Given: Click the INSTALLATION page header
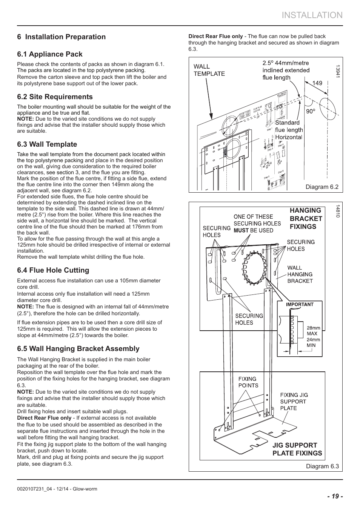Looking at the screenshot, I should coord(312,15).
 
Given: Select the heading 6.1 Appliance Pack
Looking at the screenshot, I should coord(49,54).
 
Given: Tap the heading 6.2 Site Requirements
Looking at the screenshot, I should coord(55,97).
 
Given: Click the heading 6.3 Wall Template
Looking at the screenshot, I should coord(47,144).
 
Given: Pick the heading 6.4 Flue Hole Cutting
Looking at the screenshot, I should coord(53,270).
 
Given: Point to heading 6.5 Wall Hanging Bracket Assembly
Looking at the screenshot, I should coord(78,349).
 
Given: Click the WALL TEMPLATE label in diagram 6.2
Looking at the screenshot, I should coord(209,70).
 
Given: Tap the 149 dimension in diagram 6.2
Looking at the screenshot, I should coord(317,83).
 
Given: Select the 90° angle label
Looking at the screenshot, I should coord(310,112).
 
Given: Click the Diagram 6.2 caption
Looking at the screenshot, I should coord(322,187).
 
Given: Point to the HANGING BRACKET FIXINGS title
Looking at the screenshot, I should coord(306,219).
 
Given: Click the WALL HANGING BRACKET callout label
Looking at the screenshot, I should coord(300,274).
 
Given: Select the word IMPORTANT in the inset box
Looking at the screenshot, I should coord(300,304).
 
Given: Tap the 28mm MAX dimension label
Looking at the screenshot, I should coord(313,331).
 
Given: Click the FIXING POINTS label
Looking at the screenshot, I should coord(248,382).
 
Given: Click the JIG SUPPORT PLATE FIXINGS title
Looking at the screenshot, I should coord(297,449).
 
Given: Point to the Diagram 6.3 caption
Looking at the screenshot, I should coord(322,466).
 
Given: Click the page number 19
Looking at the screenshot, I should coord(335,496).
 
